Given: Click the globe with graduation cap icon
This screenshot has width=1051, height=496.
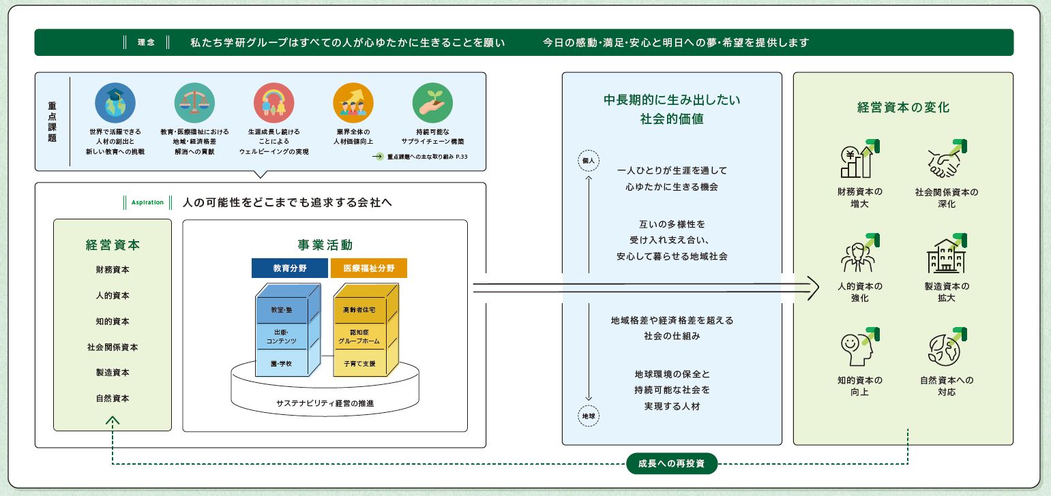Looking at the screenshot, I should click(x=115, y=103).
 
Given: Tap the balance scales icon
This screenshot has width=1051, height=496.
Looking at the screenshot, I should click(x=194, y=103).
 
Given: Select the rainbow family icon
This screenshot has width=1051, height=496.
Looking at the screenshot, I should click(x=273, y=103).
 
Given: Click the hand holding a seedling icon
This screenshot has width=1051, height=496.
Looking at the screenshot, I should click(x=432, y=103).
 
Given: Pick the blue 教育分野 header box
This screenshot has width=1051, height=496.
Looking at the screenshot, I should click(x=289, y=268).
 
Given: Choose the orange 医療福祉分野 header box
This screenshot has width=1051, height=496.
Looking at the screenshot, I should click(x=369, y=268).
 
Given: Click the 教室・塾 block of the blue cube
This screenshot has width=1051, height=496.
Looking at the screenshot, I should click(x=282, y=310).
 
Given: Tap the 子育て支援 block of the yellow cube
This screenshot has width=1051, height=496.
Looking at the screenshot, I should click(x=359, y=364).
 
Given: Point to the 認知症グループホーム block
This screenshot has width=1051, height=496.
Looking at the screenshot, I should click(x=359, y=336).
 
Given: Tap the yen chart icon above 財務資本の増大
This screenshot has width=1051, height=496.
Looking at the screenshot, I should click(x=859, y=161).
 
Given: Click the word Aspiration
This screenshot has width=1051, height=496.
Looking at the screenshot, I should click(x=147, y=202).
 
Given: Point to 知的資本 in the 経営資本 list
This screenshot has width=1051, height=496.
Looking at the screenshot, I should click(x=113, y=322).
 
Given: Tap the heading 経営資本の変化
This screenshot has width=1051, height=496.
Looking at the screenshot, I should click(x=903, y=108).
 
